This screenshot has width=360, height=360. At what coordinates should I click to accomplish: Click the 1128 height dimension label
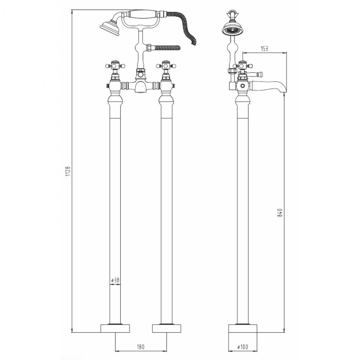[x=68, y=171]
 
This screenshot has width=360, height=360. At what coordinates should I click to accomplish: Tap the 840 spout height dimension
[x=280, y=213]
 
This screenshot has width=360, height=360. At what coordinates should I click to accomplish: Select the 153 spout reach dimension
[x=264, y=49]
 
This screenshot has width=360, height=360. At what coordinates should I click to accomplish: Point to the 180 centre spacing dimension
[x=141, y=347]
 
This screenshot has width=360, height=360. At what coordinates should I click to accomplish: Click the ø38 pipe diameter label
[x=115, y=280]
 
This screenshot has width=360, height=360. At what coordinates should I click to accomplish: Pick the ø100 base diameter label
[x=242, y=347]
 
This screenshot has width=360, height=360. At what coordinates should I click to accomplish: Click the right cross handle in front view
[x=166, y=66]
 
